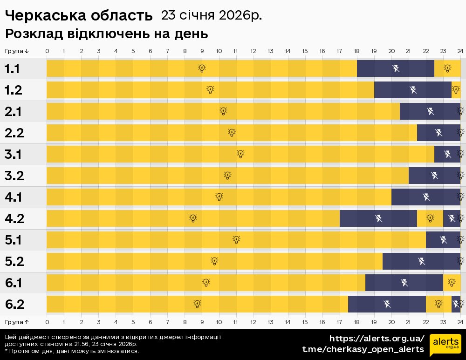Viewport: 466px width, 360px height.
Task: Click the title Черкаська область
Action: tap(79, 16)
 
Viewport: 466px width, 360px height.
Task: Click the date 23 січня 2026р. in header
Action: tap(211, 15)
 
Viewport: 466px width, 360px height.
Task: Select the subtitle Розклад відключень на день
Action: tap(106, 34)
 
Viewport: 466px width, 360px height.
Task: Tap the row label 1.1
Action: tap(12, 69)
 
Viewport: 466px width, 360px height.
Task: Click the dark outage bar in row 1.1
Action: tap(396, 68)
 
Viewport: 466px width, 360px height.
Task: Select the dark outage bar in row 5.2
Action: tap(421, 261)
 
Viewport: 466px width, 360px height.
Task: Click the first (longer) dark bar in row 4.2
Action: tap(378, 218)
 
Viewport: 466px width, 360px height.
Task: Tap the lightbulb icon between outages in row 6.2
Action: tap(439, 304)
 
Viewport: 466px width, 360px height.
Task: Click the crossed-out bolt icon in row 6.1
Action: tap(404, 283)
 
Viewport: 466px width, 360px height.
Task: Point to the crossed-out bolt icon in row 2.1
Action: tap(430, 111)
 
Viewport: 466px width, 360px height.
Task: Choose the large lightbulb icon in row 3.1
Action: tap(240, 154)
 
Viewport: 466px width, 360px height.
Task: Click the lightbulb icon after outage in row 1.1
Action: tap(447, 68)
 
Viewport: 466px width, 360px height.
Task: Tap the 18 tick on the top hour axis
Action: tap(356, 51)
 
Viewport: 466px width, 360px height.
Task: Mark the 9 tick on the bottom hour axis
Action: tap(202, 322)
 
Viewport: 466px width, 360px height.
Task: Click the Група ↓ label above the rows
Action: tap(17, 51)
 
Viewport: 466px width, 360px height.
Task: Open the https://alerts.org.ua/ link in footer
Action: tap(377, 338)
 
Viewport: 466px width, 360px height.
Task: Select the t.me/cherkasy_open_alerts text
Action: tap(363, 349)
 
